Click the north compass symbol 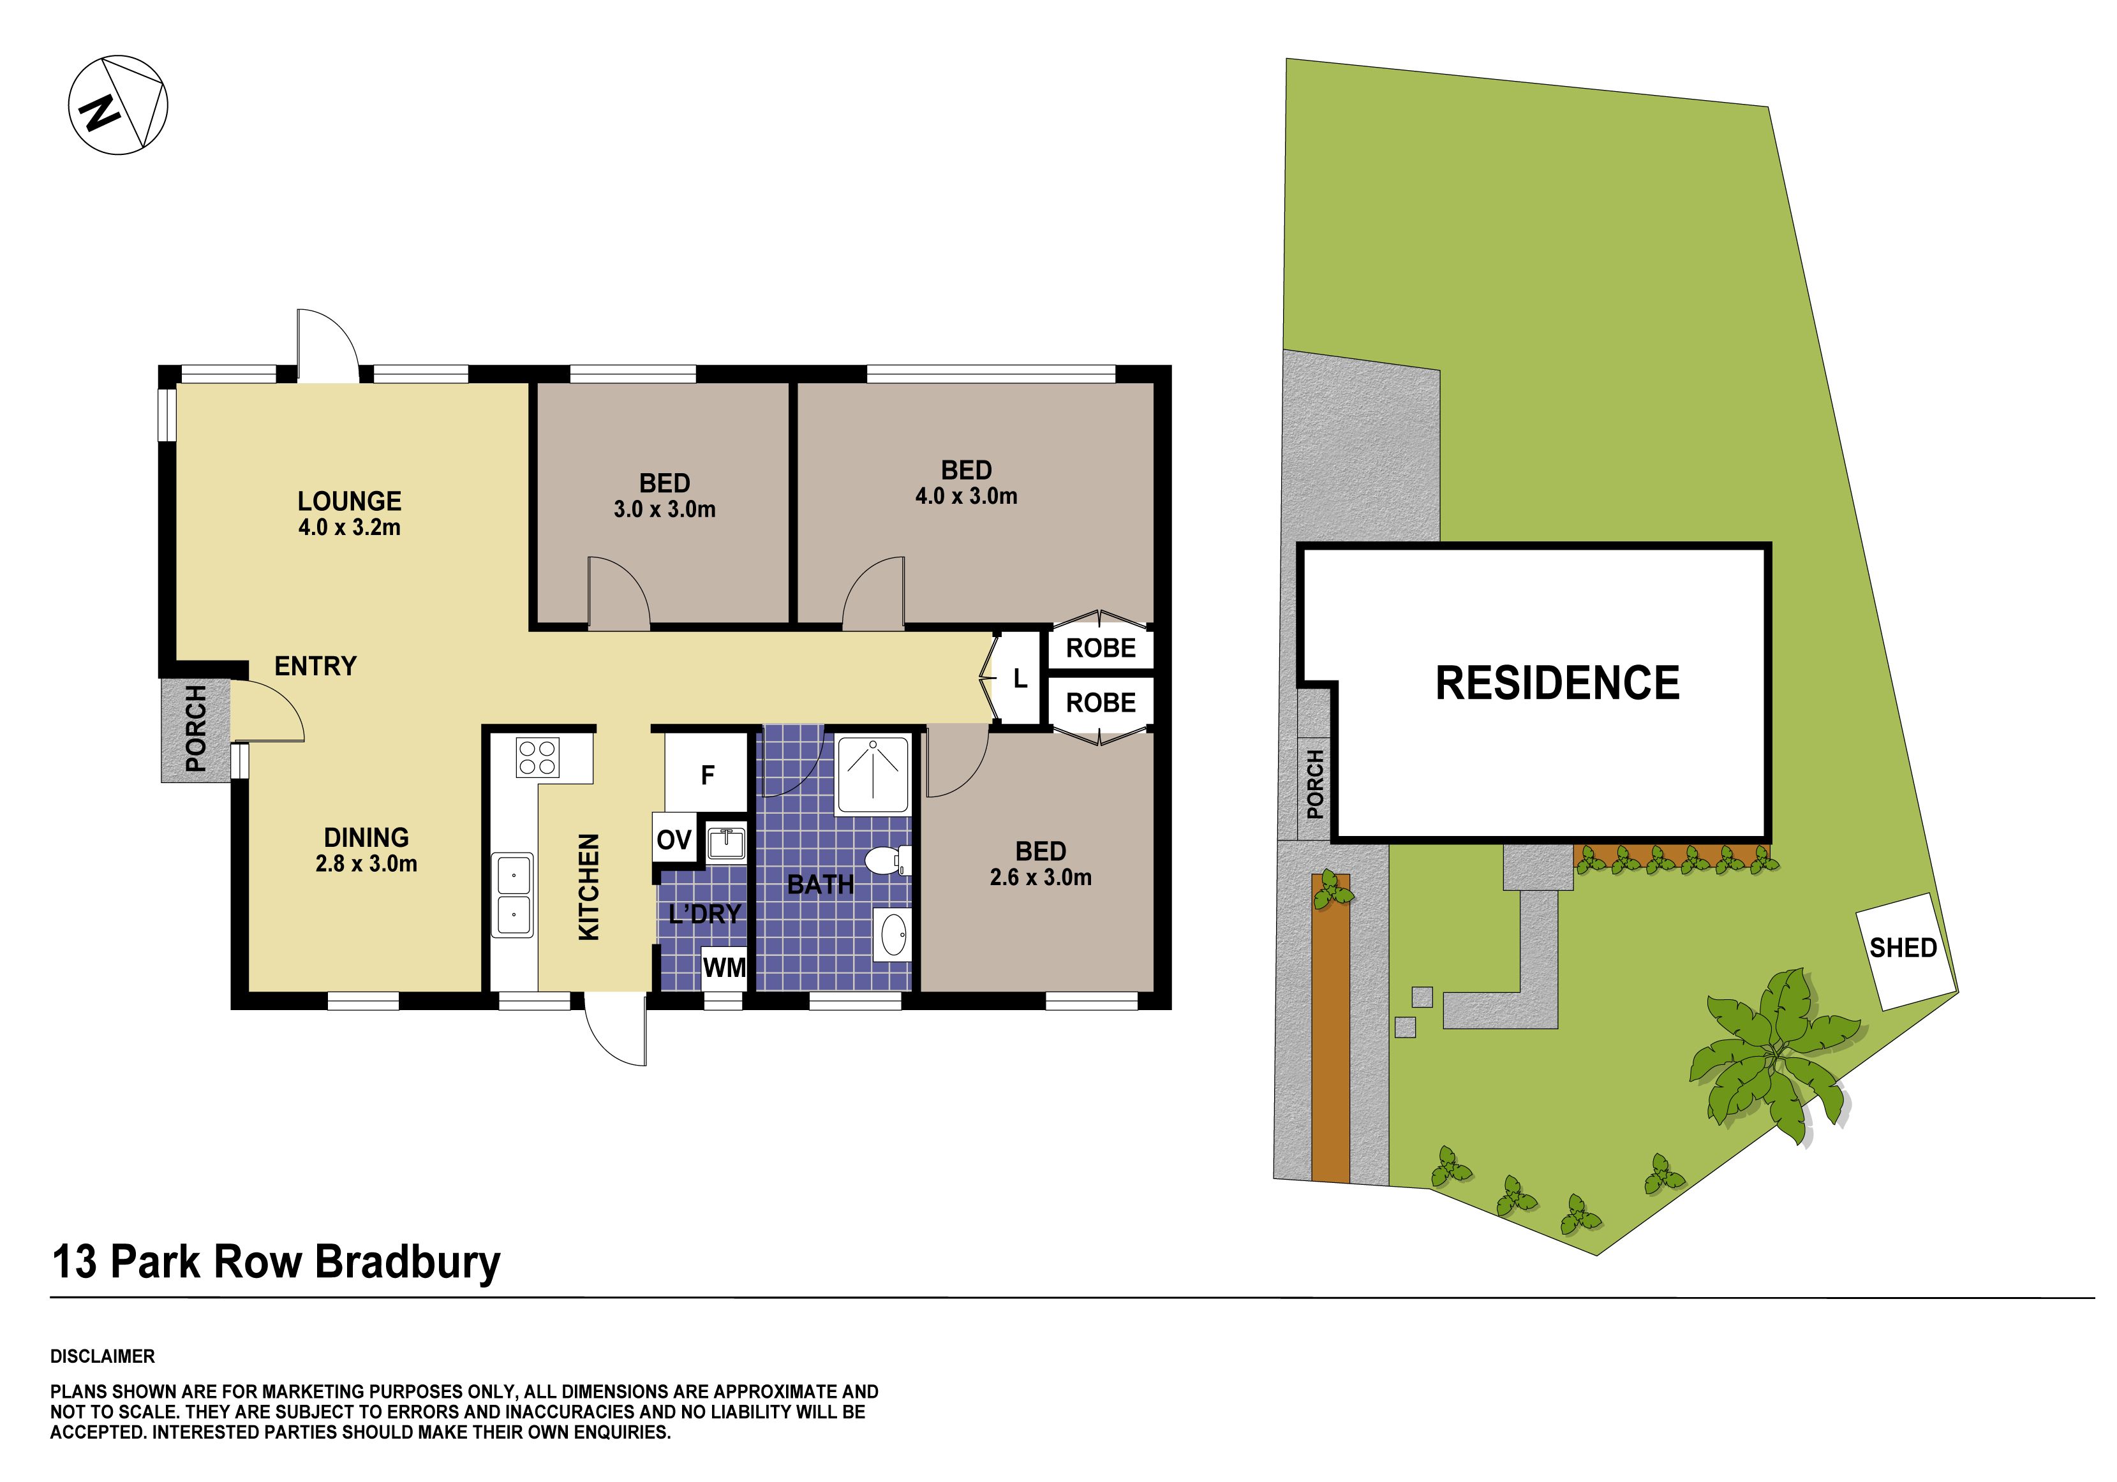click(x=118, y=105)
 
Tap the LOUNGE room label click(x=350, y=501)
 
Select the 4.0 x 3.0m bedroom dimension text click(x=966, y=496)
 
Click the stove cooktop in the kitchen click(x=538, y=758)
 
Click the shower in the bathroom click(x=872, y=775)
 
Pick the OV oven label click(x=674, y=840)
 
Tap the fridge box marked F click(x=706, y=774)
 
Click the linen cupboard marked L click(x=1019, y=679)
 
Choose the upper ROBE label click(x=1101, y=648)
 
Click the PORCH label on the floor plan click(x=195, y=728)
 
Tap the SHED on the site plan click(x=1904, y=950)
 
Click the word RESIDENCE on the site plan click(x=1558, y=683)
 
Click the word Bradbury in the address click(x=408, y=1263)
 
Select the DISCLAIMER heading click(x=102, y=1356)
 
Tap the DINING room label click(x=366, y=838)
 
